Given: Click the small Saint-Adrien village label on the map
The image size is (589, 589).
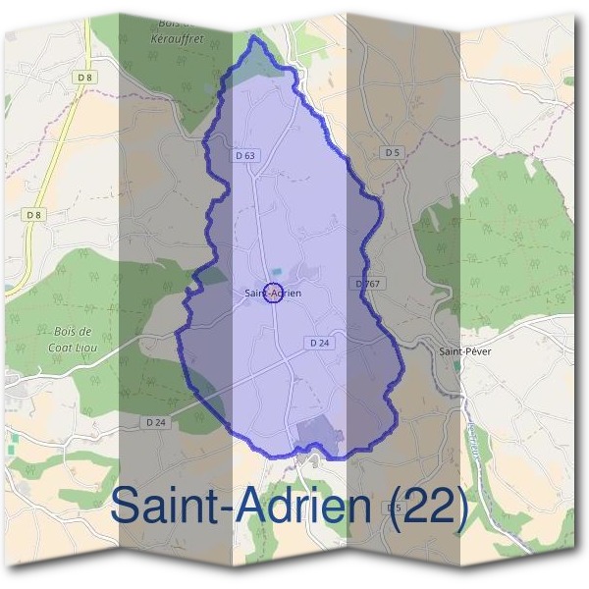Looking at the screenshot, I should (274, 293).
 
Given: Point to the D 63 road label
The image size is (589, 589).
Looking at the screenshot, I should (245, 155).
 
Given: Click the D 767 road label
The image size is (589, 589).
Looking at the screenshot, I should (366, 284).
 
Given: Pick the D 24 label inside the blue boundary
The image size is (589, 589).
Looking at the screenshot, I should (317, 344).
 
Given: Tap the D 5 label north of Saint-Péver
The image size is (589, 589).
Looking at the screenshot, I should (393, 152).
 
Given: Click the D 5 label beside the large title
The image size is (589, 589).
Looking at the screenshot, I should (394, 507).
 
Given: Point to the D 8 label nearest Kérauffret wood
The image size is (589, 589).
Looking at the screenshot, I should (85, 77).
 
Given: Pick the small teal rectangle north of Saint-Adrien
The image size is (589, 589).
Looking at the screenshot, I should (276, 272).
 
